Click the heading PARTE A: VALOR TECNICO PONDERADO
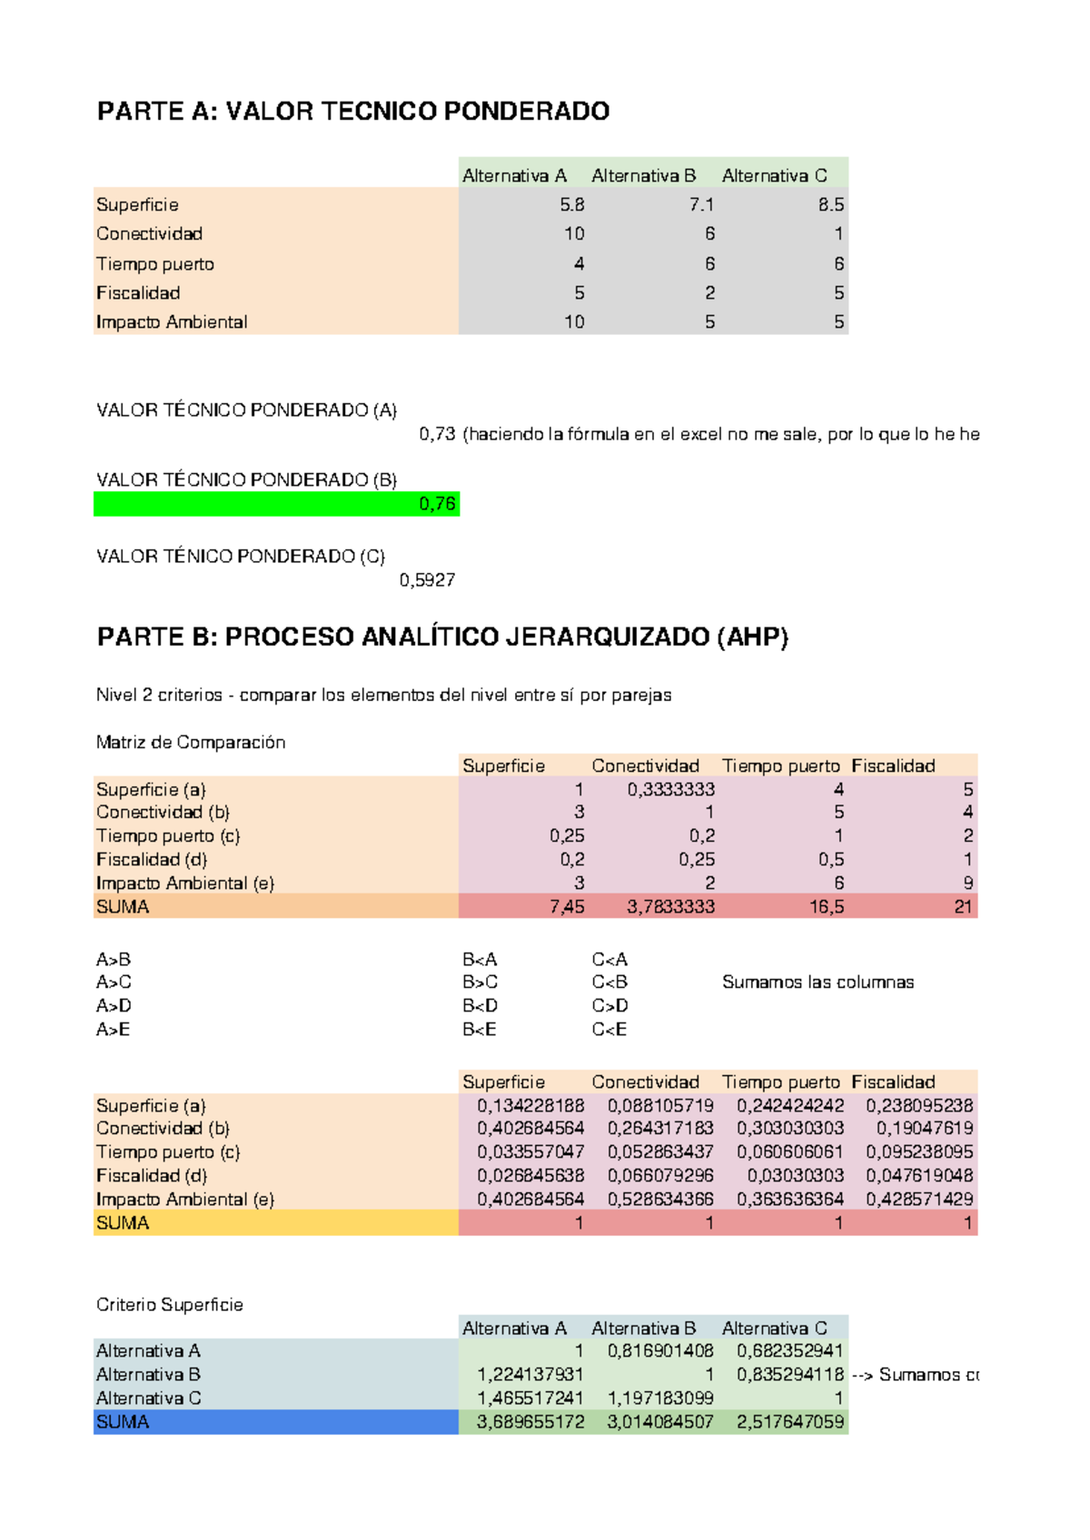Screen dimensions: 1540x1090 pos(352,111)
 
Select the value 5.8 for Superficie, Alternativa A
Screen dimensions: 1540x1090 pos(571,204)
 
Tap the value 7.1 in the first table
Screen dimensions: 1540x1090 pos(701,204)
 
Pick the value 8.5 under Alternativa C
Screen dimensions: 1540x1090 pos(830,204)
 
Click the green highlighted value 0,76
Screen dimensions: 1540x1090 pos(437,504)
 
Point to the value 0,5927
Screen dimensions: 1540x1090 pos(427,580)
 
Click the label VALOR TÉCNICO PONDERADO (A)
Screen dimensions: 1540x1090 pos(246,410)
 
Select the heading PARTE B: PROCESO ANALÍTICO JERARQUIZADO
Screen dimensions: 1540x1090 pos(442,637)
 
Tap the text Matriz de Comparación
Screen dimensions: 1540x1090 pos(191,742)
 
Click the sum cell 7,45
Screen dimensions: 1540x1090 pos(567,906)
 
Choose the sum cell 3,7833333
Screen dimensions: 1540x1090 pos(670,906)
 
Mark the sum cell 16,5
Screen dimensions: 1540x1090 pos(827,906)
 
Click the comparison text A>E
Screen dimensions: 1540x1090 pos(114,1029)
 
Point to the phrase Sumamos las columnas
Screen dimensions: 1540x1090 pos(817,982)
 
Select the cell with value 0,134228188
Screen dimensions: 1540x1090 pos(530,1105)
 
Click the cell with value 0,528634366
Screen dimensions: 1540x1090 pos(660,1199)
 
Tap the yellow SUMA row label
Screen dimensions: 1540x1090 pos(123,1223)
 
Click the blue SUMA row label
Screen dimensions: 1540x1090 pos(123,1422)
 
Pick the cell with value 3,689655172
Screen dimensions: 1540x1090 pos(530,1422)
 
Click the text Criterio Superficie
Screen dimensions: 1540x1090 pos(170,1305)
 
